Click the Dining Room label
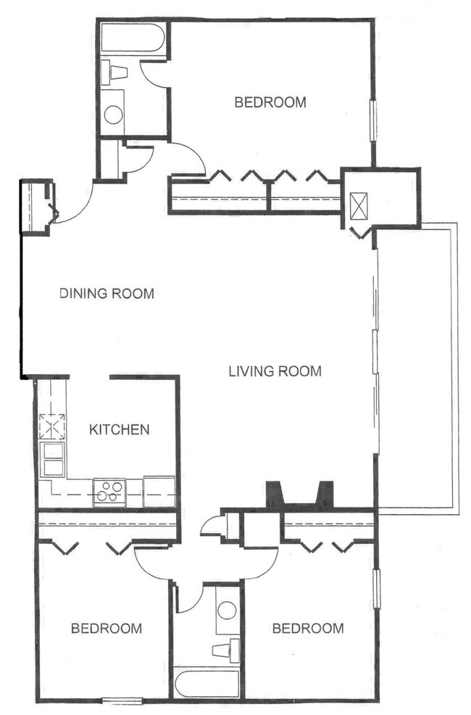[x=107, y=294]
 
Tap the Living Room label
[x=275, y=372]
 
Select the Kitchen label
[x=119, y=429]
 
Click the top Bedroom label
[x=270, y=102]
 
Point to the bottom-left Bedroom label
[x=106, y=628]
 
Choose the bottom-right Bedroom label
[x=307, y=628]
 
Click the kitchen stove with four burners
[x=109, y=492]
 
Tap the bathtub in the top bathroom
[x=133, y=38]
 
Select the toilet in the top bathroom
[x=115, y=72]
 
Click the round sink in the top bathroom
[x=113, y=114]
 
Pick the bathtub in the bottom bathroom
[x=207, y=683]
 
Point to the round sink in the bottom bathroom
[x=227, y=610]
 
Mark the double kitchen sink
[x=52, y=458]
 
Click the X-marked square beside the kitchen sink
[x=51, y=426]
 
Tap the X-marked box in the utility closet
[x=359, y=206]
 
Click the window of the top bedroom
[x=374, y=120]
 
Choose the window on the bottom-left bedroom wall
[x=122, y=700]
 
